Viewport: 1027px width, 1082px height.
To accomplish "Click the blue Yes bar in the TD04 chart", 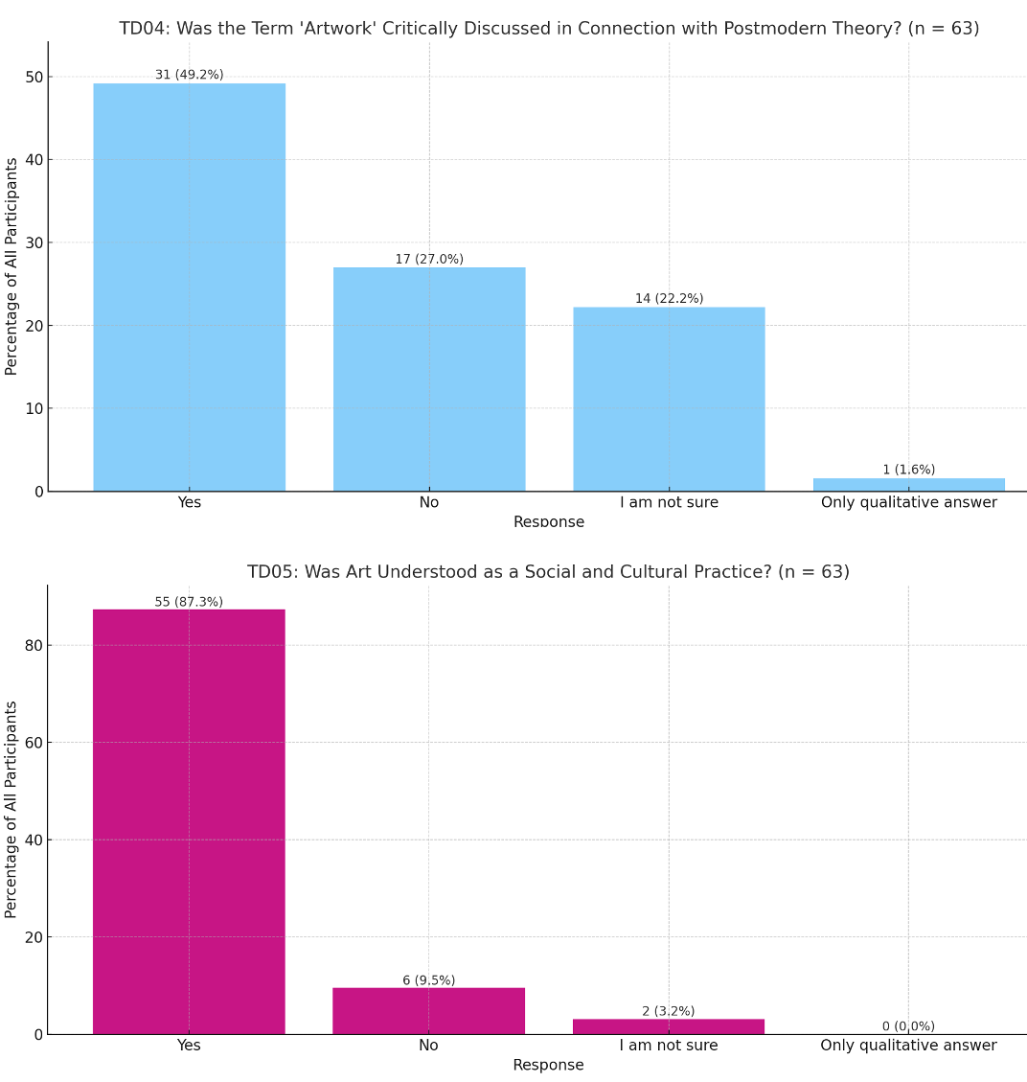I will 189,288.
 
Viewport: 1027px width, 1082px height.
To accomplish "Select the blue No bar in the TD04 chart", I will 428,380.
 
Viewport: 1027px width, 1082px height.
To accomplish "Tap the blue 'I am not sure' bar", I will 669,399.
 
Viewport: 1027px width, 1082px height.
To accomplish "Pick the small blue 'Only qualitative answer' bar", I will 908,485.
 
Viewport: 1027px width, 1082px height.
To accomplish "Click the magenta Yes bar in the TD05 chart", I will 189,821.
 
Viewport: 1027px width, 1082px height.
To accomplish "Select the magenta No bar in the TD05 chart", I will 428,1011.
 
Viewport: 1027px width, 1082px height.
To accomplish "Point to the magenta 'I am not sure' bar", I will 669,1026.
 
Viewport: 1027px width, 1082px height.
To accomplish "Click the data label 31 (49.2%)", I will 189,75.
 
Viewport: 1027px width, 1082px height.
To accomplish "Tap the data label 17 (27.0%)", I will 429,259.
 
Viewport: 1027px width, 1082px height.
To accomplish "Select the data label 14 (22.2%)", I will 669,299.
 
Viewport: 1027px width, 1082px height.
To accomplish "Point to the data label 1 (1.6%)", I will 908,470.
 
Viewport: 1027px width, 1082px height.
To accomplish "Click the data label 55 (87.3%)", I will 189,602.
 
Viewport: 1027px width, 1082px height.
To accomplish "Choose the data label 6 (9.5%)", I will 428,980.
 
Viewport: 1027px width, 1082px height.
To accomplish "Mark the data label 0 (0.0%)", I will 908,1026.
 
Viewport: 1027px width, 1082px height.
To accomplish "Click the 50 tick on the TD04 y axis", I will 33,77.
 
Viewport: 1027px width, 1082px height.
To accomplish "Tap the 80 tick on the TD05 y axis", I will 33,645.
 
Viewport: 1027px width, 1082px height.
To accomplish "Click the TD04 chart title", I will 549,29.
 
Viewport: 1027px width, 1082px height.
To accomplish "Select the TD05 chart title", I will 548,572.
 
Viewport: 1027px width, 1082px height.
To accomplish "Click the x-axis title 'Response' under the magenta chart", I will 548,1066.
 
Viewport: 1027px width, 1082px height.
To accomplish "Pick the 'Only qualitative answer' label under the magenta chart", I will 908,1046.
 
